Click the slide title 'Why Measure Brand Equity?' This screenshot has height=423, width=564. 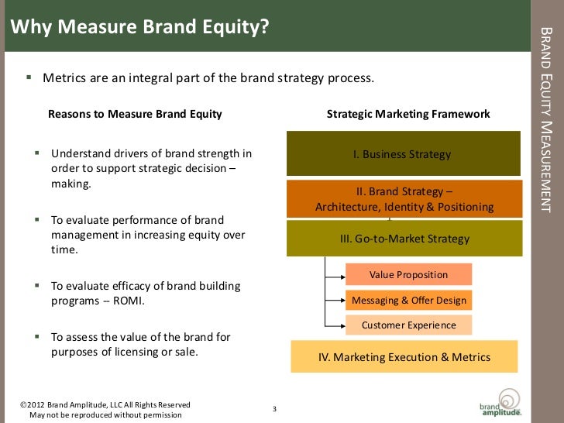pos(139,28)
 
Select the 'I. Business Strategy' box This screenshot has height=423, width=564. pos(402,153)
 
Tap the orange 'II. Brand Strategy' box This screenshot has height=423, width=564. pos(404,199)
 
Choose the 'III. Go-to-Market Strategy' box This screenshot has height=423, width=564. pos(404,239)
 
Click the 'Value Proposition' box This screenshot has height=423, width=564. pos(408,274)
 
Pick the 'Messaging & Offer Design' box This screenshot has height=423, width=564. pos(408,301)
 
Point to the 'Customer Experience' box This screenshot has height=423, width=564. pos(408,325)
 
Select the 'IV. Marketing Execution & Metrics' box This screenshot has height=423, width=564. pos(404,357)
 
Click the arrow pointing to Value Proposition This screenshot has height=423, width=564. pos(335,274)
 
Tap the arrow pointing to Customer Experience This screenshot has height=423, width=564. pos(335,325)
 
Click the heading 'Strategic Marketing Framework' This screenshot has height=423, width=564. pos(408,114)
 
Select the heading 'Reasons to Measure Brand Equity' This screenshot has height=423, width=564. pos(135,114)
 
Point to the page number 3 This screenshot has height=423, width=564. pos(274,409)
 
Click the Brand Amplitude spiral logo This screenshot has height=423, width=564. pos(509,397)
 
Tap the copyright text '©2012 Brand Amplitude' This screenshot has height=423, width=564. pos(105,404)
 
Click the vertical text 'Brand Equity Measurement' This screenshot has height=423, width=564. pos(545,119)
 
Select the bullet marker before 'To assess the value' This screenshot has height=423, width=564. pos(36,337)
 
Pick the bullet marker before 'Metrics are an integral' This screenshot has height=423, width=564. pos(29,78)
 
